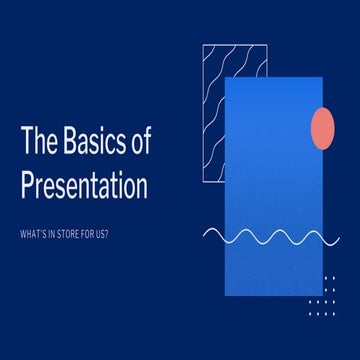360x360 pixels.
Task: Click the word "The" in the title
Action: (39, 142)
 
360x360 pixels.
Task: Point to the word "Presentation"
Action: (84, 186)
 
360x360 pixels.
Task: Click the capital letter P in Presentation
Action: (27, 186)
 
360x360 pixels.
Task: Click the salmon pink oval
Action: (323, 127)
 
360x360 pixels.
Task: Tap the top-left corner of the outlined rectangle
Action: (202, 45)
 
